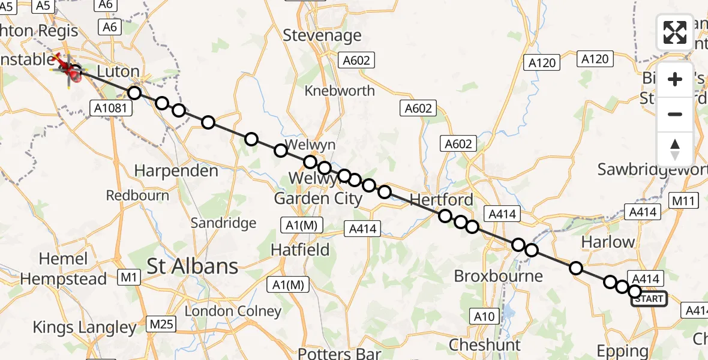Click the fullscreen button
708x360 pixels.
(675, 32)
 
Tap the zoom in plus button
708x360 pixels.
(675, 79)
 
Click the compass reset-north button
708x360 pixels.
(675, 149)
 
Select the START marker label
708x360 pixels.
(649, 299)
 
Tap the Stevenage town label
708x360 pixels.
(322, 35)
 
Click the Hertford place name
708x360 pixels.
(442, 199)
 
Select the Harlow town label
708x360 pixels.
(608, 242)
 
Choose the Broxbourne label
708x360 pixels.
(498, 276)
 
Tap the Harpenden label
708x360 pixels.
(176, 171)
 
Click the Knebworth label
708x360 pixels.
(340, 91)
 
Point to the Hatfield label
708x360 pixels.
(300, 249)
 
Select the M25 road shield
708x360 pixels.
(161, 325)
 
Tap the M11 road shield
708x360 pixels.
(683, 201)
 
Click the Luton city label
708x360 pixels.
(118, 71)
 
